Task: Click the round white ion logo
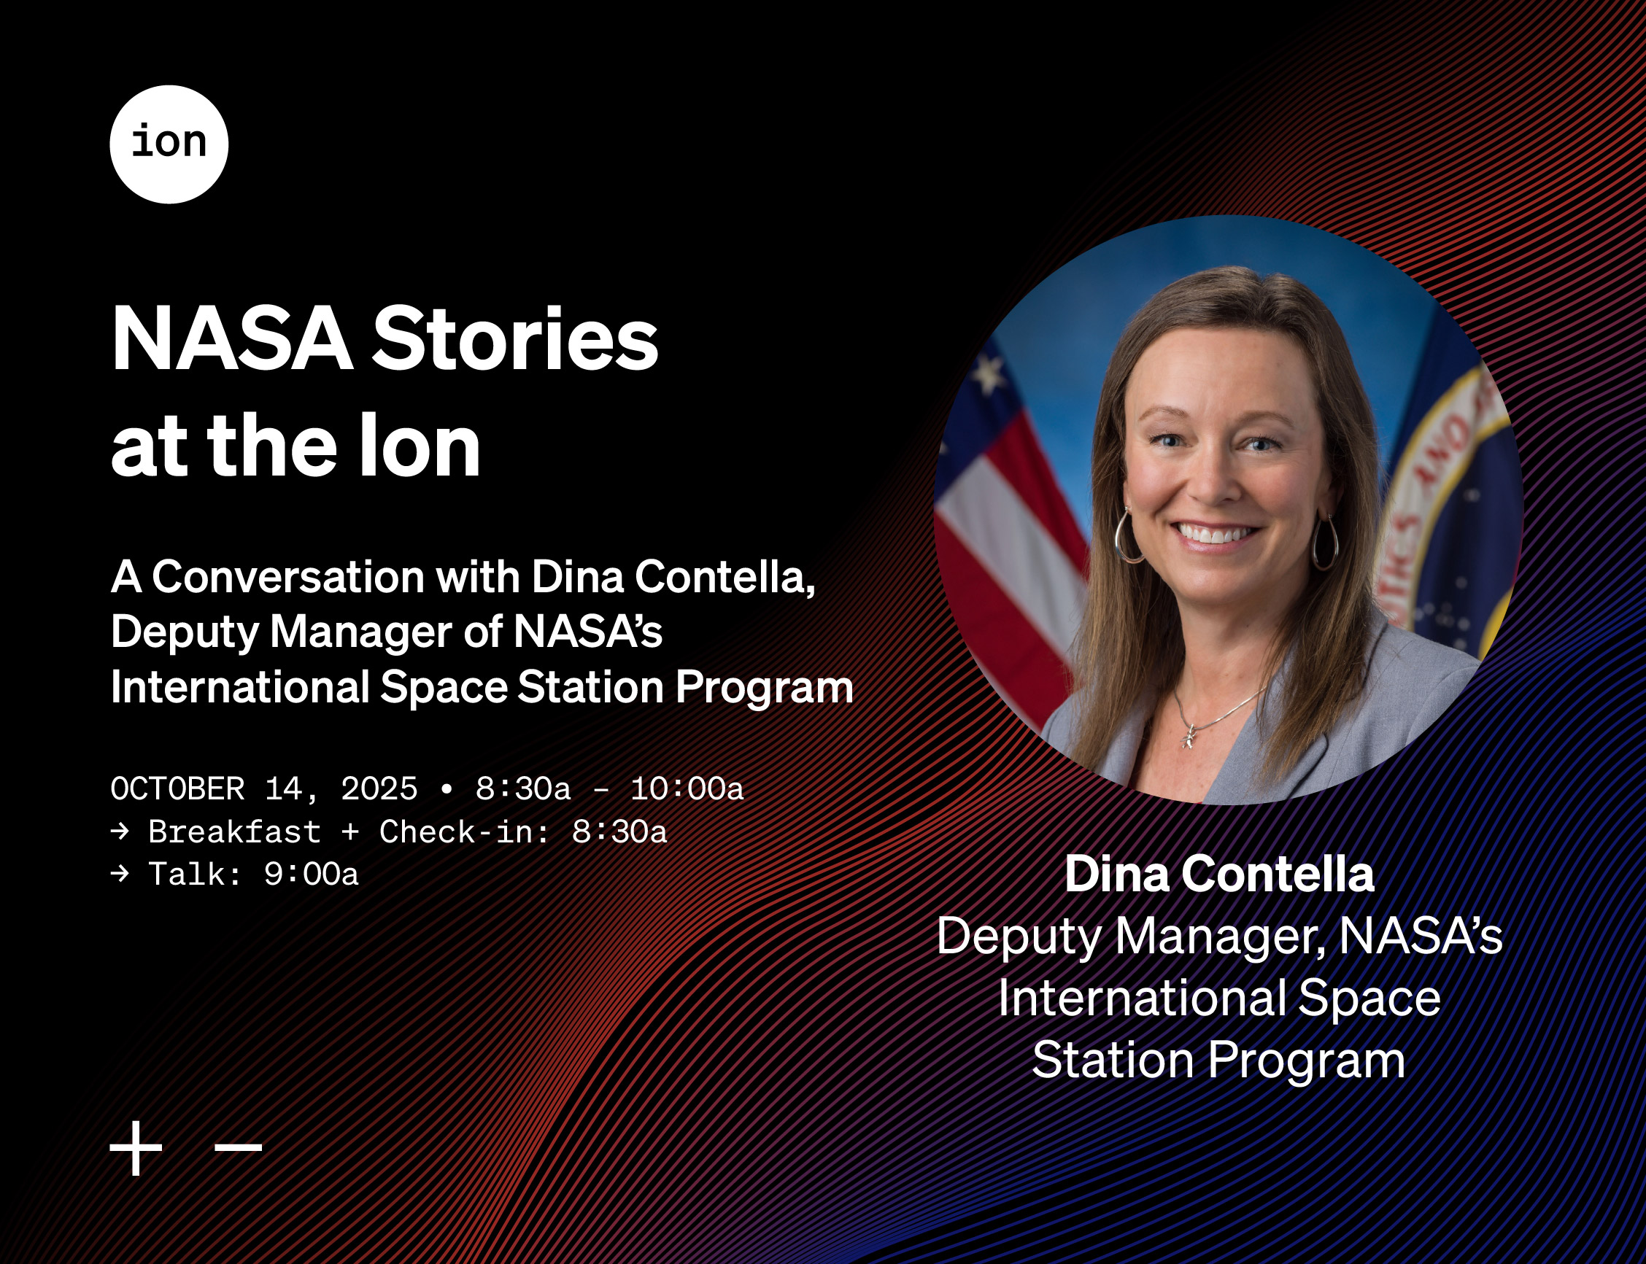click(x=169, y=144)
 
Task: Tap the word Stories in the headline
click(x=515, y=338)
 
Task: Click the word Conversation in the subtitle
click(x=288, y=577)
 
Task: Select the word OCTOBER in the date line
click(x=177, y=789)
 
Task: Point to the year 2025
click(x=379, y=789)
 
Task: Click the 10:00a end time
click(x=687, y=789)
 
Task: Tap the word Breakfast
click(x=235, y=832)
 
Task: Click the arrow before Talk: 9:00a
click(x=120, y=874)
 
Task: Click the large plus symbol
click(x=136, y=1148)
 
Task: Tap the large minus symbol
click(x=239, y=1147)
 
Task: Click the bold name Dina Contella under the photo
click(x=1219, y=875)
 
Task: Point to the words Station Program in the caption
click(x=1218, y=1060)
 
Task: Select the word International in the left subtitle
click(x=240, y=687)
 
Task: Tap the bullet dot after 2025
click(x=448, y=789)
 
